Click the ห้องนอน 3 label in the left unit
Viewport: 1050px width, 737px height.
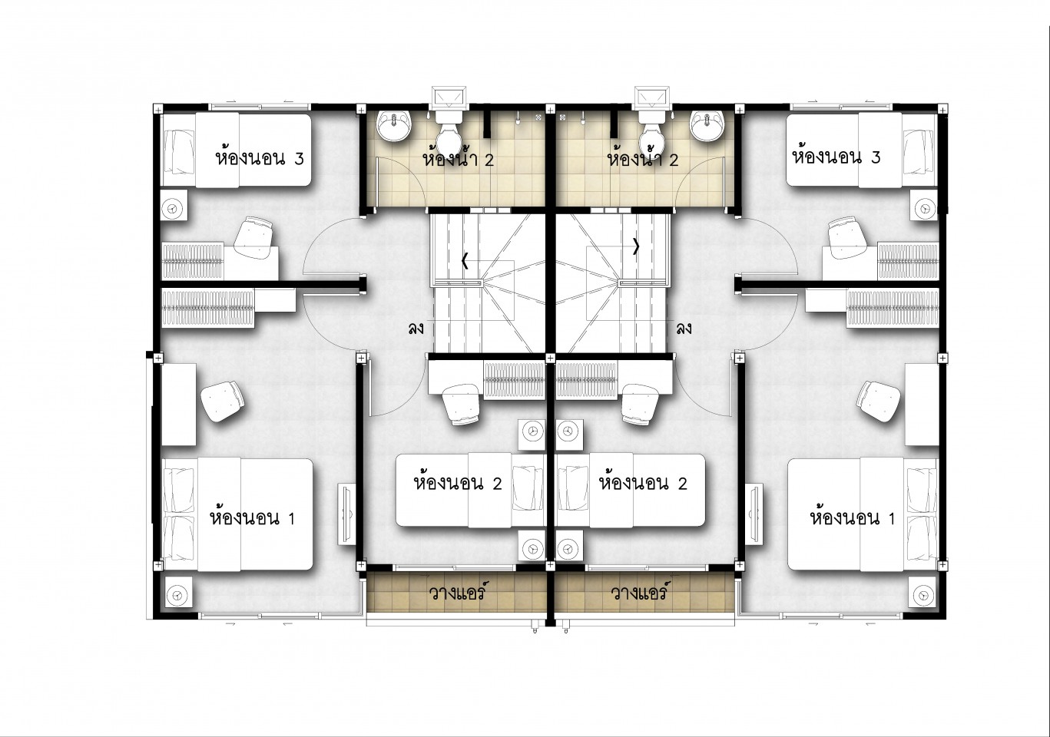[260, 157]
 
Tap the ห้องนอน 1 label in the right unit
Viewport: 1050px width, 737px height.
[853, 517]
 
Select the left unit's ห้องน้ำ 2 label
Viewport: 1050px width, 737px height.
[458, 159]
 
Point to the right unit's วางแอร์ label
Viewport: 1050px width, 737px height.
[638, 592]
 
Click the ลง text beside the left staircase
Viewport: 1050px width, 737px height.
[416, 329]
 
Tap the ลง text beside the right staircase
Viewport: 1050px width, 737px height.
[684, 329]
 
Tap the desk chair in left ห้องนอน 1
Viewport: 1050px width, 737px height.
[222, 401]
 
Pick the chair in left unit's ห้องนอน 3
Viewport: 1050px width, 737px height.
[253, 237]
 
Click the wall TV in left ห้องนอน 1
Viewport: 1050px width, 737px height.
[348, 514]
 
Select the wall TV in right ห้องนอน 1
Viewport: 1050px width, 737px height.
[754, 514]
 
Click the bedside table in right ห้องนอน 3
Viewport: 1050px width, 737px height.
[924, 205]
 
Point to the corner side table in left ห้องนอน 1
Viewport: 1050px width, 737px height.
[178, 593]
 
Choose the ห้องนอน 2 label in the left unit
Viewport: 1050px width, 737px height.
[458, 483]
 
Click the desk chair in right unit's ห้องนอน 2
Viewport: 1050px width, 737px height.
[639, 404]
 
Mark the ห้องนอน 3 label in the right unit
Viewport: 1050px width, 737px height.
[836, 157]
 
